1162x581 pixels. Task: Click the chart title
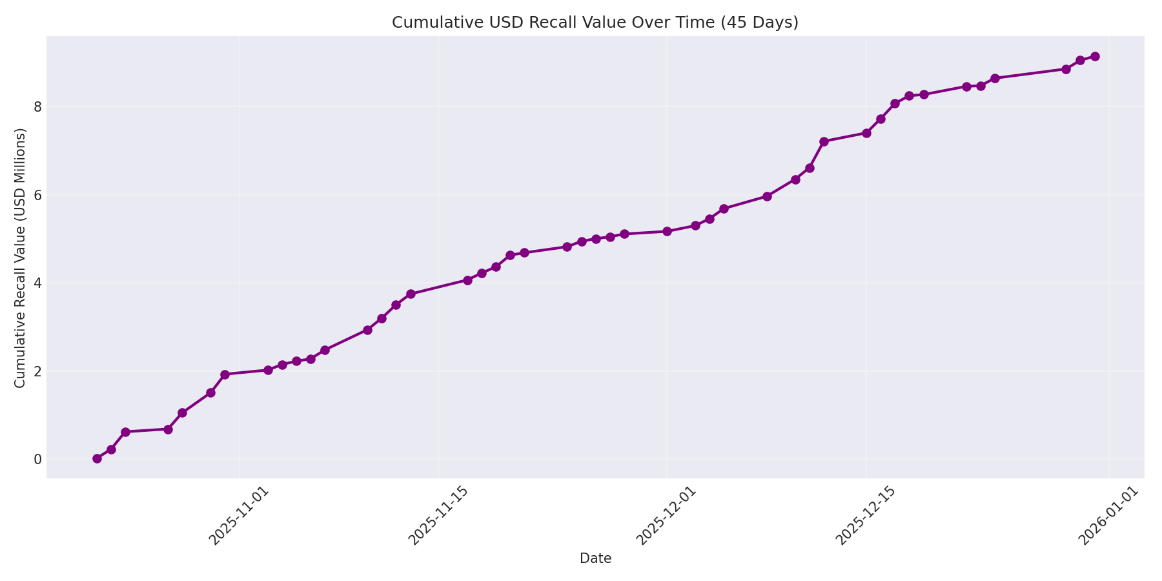click(595, 23)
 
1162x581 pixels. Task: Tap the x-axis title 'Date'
click(595, 559)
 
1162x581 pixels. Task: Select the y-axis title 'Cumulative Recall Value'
click(21, 258)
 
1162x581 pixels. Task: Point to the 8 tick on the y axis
click(38, 107)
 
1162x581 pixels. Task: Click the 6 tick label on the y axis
click(38, 195)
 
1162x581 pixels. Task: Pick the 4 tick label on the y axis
click(38, 283)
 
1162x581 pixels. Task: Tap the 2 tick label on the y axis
click(38, 371)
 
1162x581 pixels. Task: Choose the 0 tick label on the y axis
click(38, 460)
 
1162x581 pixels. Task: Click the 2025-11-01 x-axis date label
click(238, 516)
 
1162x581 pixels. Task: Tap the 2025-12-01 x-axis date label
click(666, 516)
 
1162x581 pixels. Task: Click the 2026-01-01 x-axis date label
click(1108, 516)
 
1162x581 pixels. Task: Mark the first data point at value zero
click(97, 459)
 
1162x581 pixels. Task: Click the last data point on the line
click(1095, 57)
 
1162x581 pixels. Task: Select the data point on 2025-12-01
click(667, 231)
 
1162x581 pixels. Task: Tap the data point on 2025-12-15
click(866, 133)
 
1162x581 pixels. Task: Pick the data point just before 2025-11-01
click(225, 374)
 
